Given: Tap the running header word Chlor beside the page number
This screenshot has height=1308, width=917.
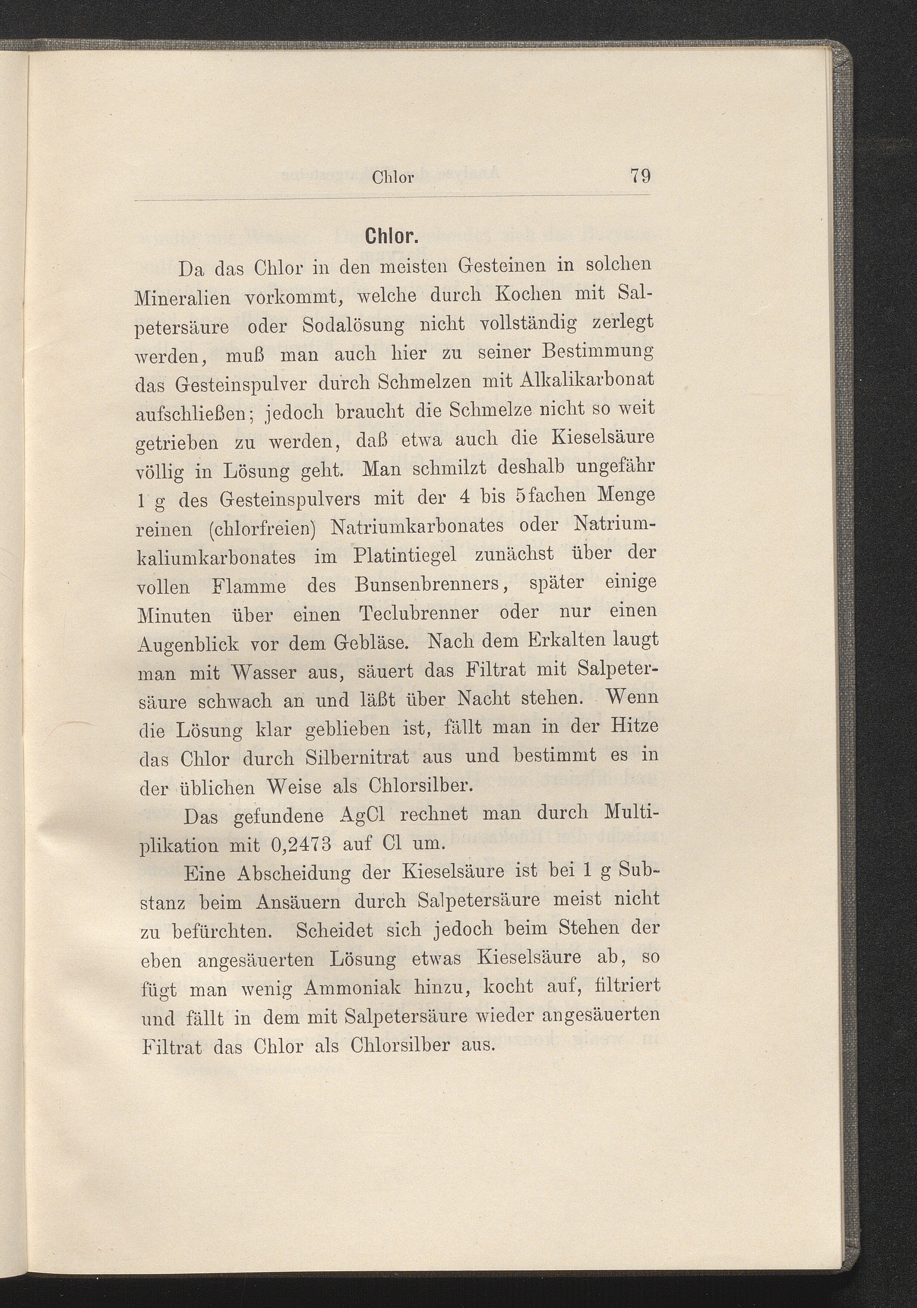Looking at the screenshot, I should tap(392, 178).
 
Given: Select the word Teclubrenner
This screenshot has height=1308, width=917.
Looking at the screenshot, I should tap(419, 614).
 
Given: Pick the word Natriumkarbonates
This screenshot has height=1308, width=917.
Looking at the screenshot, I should tap(418, 525).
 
